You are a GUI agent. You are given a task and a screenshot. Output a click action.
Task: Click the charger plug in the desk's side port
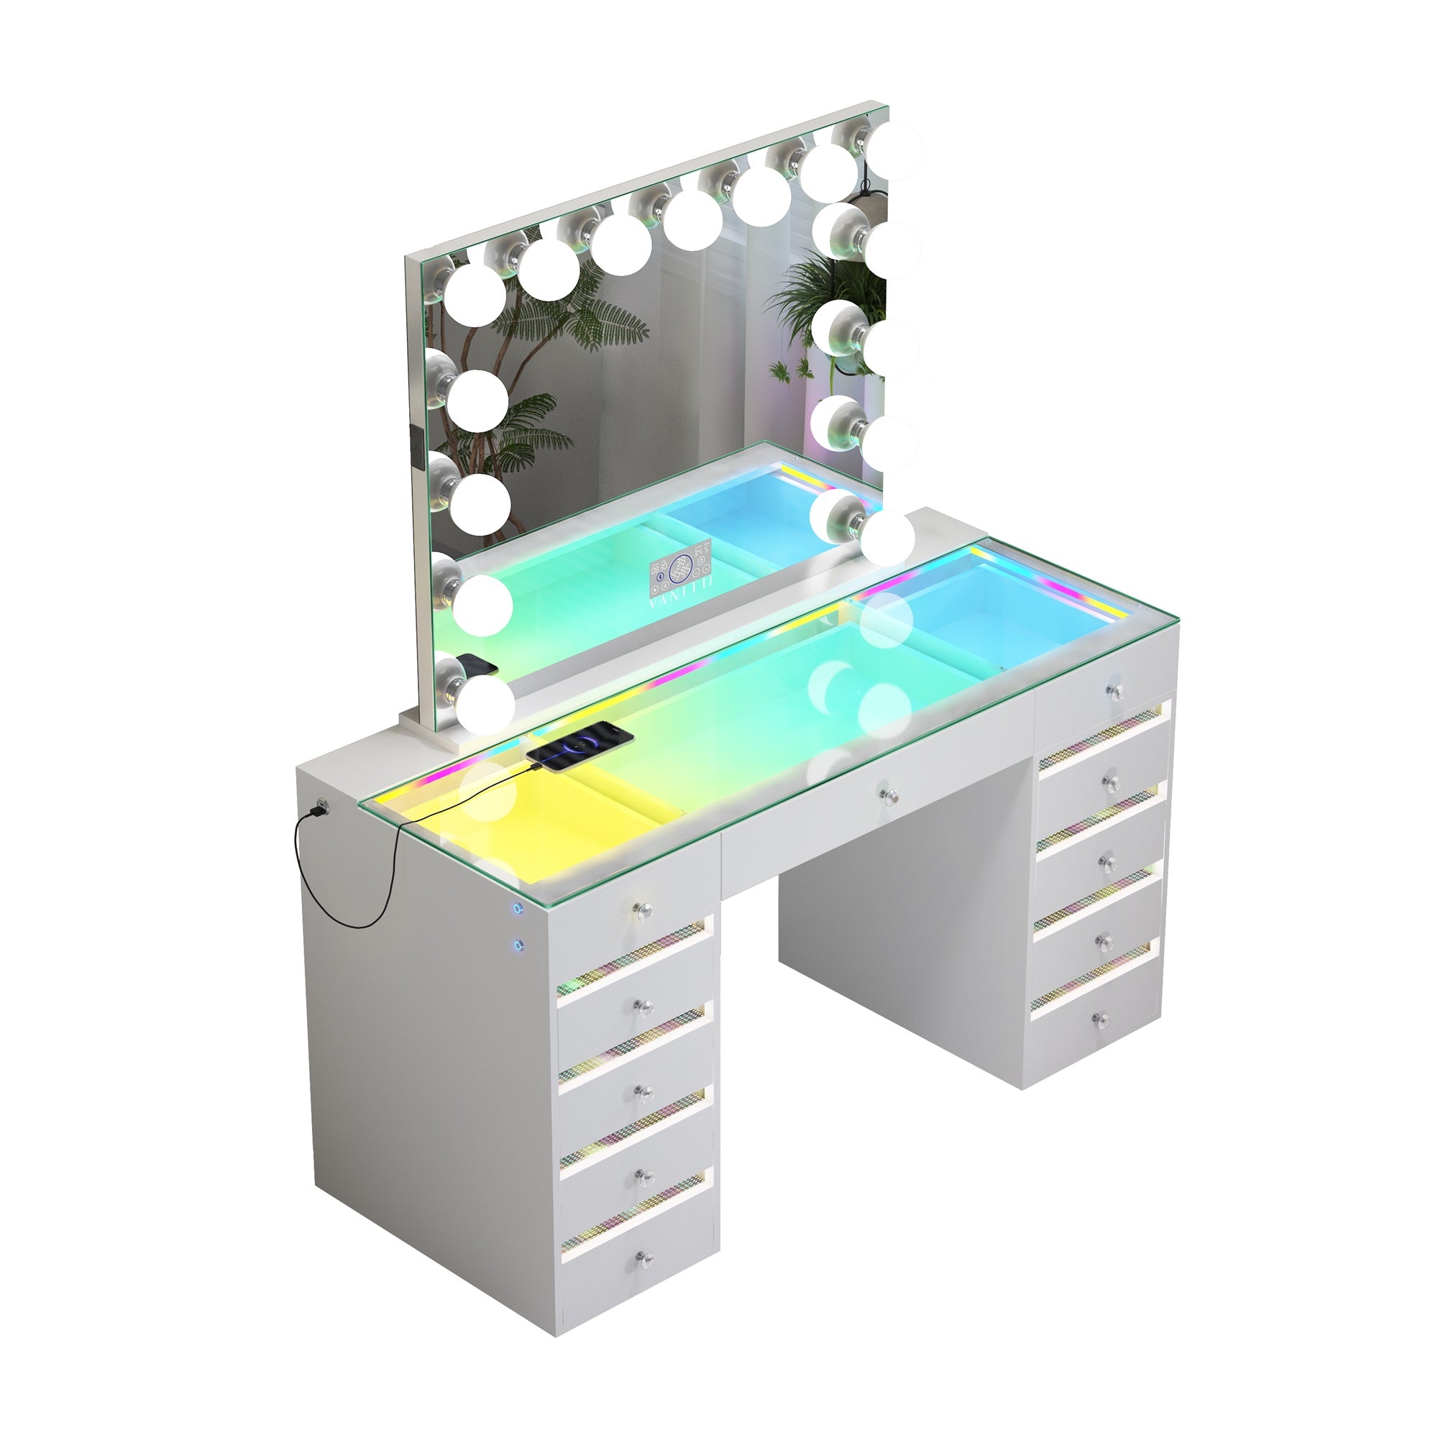[321, 807]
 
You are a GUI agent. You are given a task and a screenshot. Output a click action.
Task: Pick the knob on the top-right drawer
[1114, 690]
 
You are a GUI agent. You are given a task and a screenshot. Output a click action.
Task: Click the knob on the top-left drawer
[643, 910]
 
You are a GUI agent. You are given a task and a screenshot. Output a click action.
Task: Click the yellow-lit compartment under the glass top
[521, 826]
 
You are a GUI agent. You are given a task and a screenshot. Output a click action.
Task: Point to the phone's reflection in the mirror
[477, 664]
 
